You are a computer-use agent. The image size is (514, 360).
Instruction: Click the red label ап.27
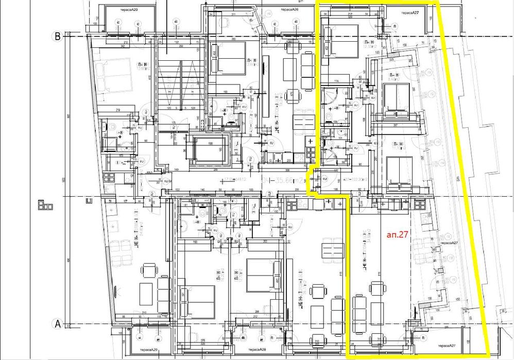tap(397, 233)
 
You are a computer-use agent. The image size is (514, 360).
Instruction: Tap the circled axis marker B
tap(58, 36)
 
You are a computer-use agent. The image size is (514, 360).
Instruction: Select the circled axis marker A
tap(58, 324)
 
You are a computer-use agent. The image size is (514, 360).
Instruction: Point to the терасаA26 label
tap(289, 10)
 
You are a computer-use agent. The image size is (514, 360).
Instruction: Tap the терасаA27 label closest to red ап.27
tap(448, 243)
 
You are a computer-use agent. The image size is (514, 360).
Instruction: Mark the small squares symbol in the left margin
tap(45, 205)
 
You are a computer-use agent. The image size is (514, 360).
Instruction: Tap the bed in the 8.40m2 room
tap(397, 99)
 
